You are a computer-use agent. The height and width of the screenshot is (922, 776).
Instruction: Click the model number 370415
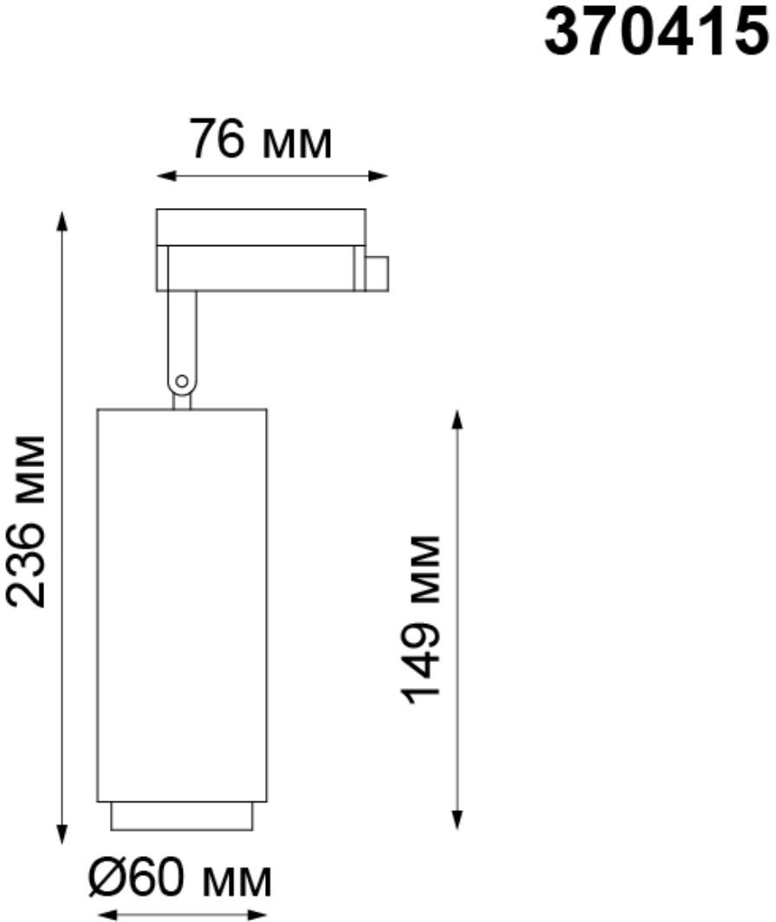(x=656, y=32)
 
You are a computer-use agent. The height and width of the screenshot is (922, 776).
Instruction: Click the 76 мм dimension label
(x=261, y=140)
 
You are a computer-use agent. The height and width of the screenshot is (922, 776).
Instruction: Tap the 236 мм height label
(x=27, y=522)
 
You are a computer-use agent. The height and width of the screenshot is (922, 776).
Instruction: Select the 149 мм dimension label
(x=420, y=620)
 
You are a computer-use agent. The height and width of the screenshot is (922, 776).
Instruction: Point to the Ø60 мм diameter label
(x=180, y=880)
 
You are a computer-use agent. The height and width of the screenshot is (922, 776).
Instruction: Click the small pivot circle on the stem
(x=182, y=381)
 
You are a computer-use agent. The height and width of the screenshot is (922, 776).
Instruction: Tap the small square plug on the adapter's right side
(x=376, y=274)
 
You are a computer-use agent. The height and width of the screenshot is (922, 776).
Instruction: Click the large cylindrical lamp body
(x=182, y=605)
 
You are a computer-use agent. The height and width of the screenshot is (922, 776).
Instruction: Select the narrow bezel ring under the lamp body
(x=182, y=816)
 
